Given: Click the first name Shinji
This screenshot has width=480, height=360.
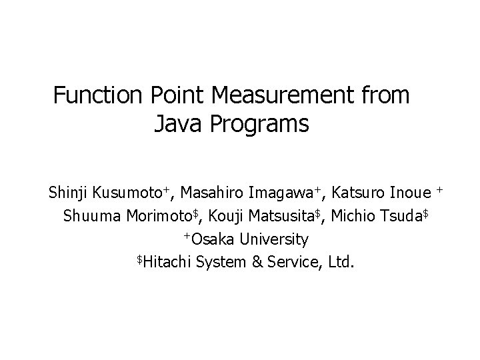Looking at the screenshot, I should pos(68,194).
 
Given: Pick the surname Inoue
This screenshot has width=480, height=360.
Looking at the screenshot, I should pos(411,194).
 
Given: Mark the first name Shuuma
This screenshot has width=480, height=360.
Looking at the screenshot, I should pos(89,217).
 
